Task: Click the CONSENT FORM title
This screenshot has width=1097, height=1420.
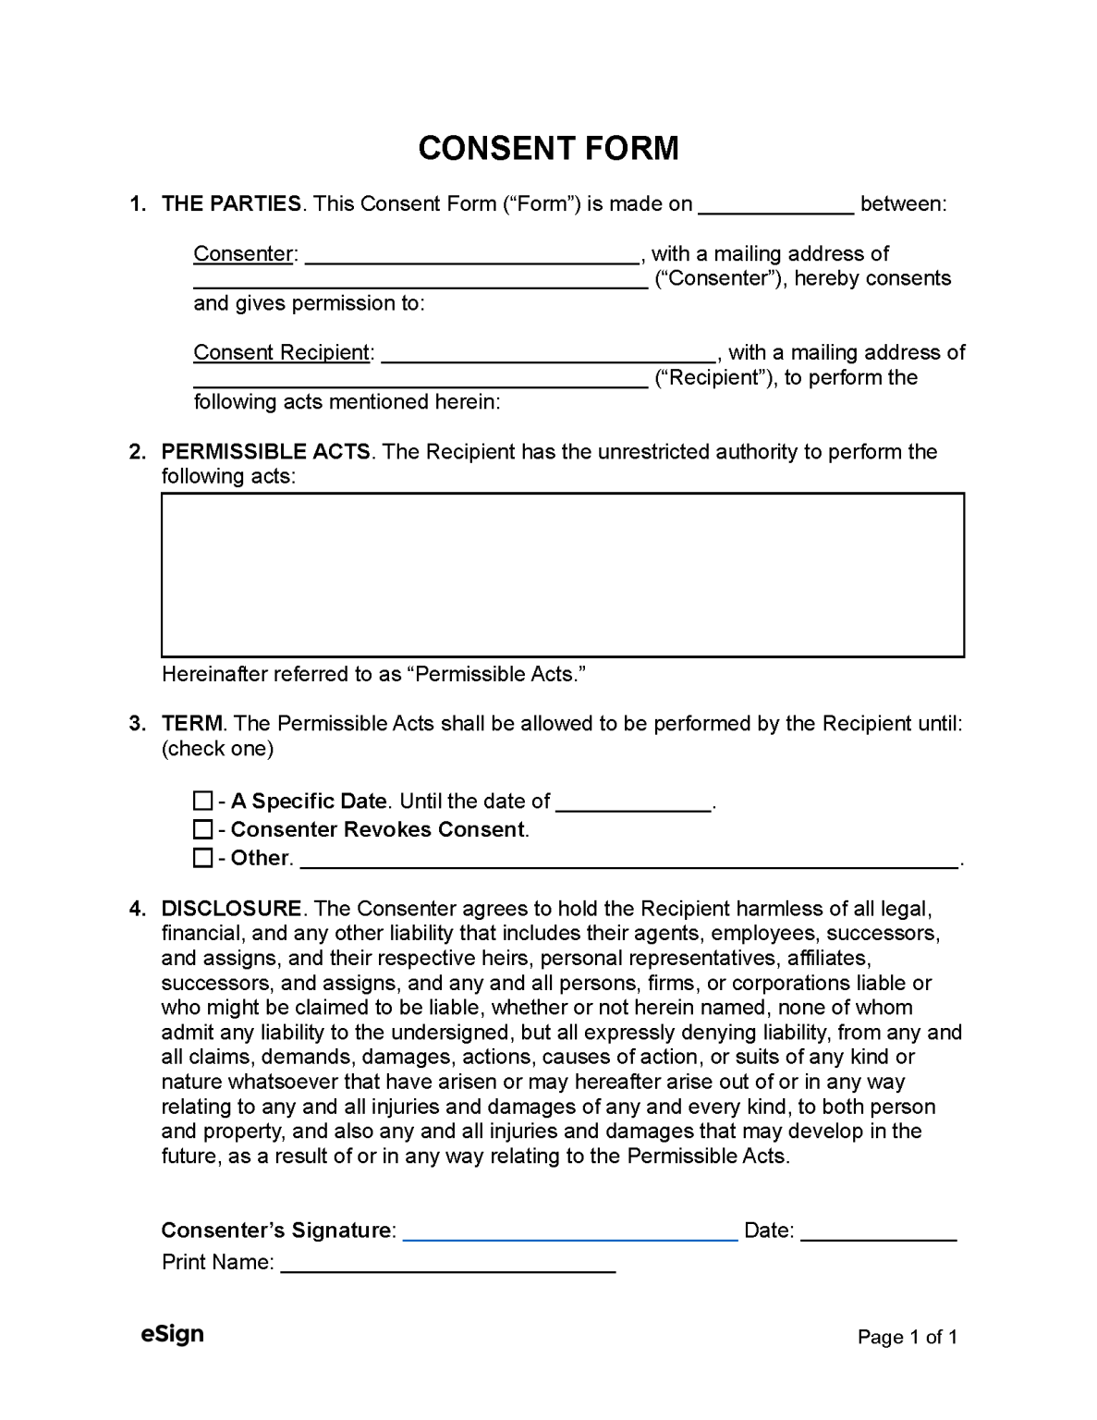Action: (x=548, y=148)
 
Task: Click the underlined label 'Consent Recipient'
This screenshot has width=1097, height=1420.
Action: (x=282, y=352)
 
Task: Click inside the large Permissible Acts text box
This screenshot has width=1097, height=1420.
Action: (x=562, y=575)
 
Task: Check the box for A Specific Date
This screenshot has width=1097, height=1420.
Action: (x=202, y=801)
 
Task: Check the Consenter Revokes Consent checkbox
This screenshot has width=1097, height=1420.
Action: (x=202, y=829)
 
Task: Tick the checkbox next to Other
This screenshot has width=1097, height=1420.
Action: (x=202, y=858)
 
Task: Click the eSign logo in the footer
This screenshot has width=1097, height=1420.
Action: (x=172, y=1334)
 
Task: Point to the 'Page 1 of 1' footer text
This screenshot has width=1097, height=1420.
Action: (x=907, y=1337)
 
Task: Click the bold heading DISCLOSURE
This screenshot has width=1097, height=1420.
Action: (x=231, y=909)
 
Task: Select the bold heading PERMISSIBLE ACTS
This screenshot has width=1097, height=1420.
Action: (x=265, y=452)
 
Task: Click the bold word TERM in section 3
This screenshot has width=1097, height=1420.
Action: (x=192, y=724)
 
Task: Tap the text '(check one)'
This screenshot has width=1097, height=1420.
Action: (x=217, y=749)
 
